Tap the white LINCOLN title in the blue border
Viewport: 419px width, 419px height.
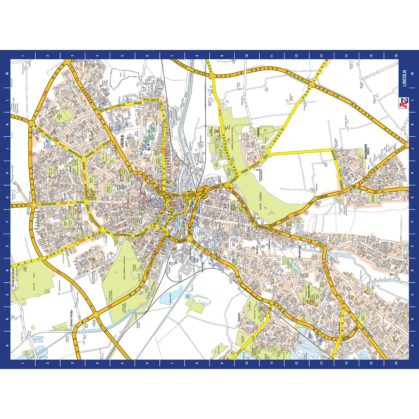click(404, 78)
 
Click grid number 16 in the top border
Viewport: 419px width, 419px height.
click(396, 56)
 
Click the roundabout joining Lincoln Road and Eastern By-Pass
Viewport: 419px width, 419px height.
click(312, 85)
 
